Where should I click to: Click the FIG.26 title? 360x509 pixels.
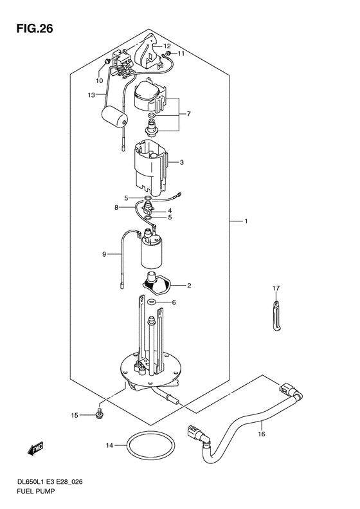coord(35,29)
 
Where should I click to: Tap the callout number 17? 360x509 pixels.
coord(276,288)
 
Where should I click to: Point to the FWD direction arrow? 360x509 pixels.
coord(35,449)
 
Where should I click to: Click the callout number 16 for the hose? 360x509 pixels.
coord(262,434)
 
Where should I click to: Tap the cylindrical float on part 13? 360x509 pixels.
coord(114,120)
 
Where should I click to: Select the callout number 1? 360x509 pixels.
coord(246,221)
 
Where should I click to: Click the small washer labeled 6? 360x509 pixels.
coord(151,302)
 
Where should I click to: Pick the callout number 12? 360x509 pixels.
coord(167,46)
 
